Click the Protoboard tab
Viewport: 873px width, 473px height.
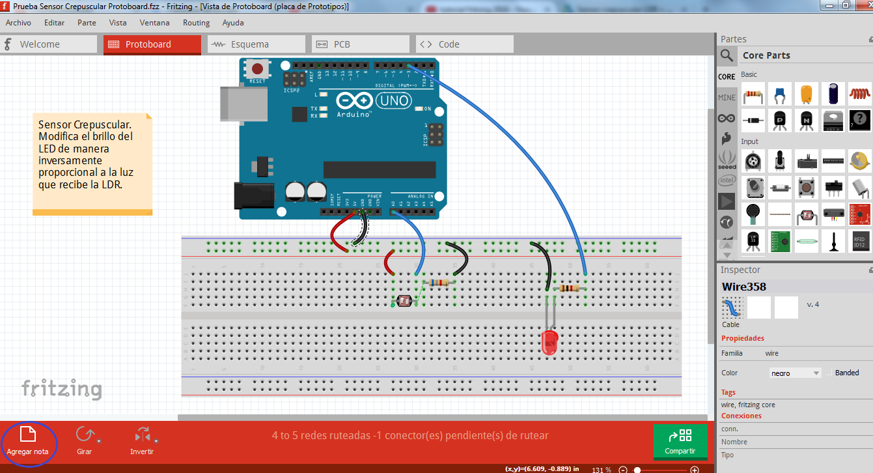[152, 44]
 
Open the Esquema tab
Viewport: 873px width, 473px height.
[256, 44]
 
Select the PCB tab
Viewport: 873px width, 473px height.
[360, 44]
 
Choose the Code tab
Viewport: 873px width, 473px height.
[464, 44]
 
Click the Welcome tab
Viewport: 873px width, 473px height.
[49, 44]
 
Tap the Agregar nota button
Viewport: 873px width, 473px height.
[27, 442]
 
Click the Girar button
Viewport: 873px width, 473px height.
[85, 441]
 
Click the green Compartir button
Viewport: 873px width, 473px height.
[680, 442]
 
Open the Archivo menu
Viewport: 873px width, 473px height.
[18, 23]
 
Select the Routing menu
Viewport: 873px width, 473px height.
[196, 23]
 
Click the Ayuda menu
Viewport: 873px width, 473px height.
[233, 23]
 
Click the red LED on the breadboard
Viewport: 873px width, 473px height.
[549, 341]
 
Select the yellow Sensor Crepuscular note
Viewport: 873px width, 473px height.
[92, 164]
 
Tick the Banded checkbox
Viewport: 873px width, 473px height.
[828, 373]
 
